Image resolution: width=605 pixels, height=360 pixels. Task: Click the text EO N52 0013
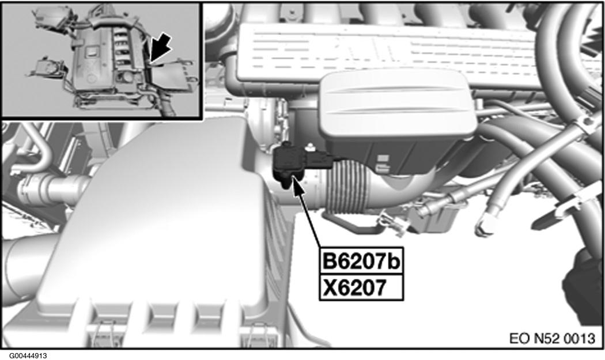[x=553, y=337]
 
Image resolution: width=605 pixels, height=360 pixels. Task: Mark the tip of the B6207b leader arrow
[x=295, y=180]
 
